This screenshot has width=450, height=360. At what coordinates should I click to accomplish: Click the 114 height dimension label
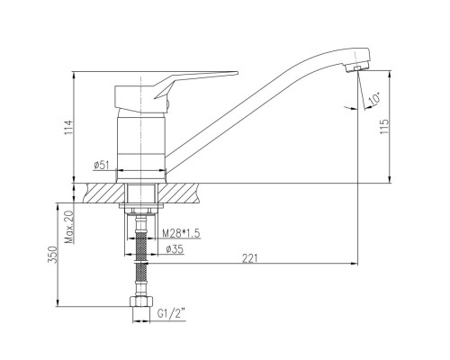(68, 127)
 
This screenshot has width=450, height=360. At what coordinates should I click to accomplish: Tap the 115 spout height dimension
(384, 127)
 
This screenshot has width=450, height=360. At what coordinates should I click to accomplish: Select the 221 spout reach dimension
(250, 258)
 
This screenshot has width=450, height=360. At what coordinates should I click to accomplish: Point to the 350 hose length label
(52, 255)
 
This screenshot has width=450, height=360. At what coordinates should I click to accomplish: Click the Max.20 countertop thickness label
(68, 227)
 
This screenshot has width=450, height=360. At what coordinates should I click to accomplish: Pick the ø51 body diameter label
(102, 165)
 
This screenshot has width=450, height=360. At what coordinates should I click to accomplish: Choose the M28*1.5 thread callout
(181, 233)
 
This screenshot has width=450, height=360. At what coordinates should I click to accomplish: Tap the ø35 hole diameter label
(175, 249)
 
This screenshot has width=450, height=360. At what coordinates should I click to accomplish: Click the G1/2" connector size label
(170, 314)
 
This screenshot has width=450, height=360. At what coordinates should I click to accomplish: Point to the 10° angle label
(373, 99)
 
